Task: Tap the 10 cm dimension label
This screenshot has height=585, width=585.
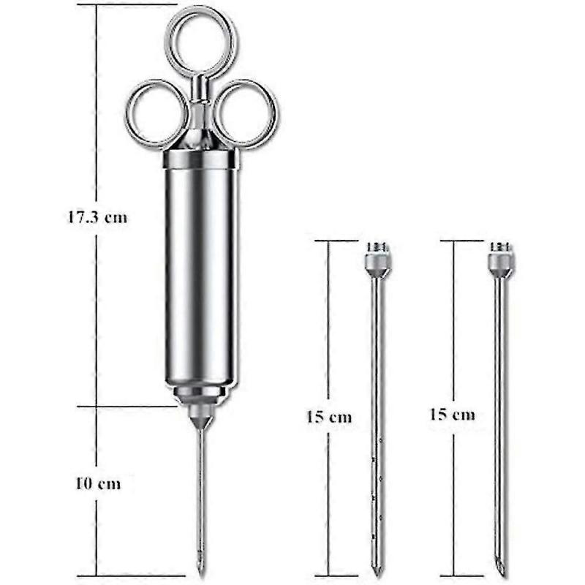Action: (97, 483)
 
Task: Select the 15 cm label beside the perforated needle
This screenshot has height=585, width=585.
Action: (329, 418)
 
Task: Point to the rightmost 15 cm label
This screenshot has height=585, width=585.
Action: (452, 415)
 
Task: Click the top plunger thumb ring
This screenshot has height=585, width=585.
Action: (199, 40)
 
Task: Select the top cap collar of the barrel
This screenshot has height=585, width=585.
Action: (200, 159)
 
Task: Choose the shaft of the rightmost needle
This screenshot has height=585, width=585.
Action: (501, 409)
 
